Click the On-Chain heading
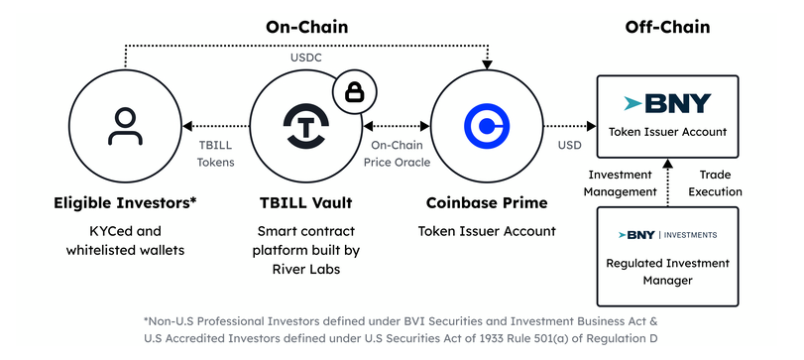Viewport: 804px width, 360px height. tap(306, 27)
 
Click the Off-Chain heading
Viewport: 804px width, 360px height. tap(667, 27)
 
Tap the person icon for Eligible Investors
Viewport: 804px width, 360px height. tap(125, 126)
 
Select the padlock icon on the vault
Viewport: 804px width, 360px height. tap(354, 92)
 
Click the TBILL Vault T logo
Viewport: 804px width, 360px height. tap(306, 126)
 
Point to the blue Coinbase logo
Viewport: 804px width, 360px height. tap(487, 126)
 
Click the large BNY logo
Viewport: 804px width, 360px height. tap(667, 103)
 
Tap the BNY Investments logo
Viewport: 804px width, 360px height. tap(667, 235)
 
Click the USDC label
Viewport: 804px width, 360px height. tap(306, 58)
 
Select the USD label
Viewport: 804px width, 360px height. tap(570, 146)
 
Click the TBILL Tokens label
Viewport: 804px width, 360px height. tap(216, 154)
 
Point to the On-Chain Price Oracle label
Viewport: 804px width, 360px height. tap(397, 154)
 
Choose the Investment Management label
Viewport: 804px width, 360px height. tap(621, 183)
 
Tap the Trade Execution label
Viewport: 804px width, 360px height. tap(716, 183)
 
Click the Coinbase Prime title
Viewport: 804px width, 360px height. tap(487, 203)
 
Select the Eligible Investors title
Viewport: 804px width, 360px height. tap(125, 203)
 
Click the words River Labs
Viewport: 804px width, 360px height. tap(306, 269)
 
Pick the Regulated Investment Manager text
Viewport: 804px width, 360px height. tap(667, 272)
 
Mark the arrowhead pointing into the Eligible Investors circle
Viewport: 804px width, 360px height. tap(187, 126)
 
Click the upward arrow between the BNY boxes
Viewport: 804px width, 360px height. tap(667, 183)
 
